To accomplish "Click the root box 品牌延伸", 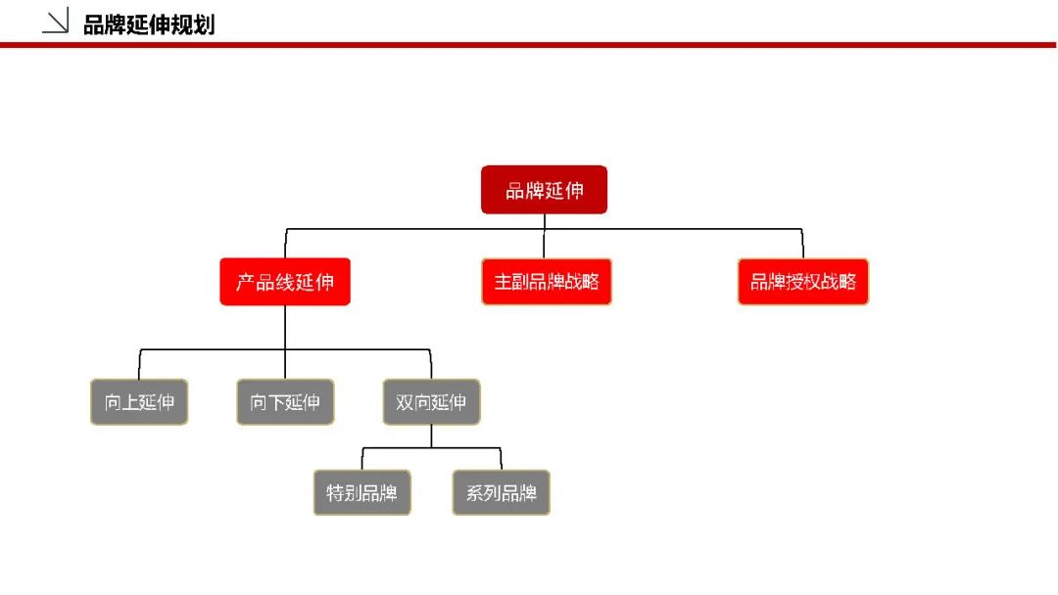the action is pos(544,190).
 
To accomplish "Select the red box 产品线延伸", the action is pos(285,282).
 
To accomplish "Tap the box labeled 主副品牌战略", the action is pos(547,282).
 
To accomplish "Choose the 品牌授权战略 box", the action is pos(803,282).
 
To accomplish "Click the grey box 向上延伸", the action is pos(139,402).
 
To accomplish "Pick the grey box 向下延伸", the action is pos(285,402).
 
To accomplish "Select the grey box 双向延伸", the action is pos(431,402).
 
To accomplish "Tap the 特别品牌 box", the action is pos(361,492).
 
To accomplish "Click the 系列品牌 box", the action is pos(501,492).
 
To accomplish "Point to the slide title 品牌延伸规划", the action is pos(149,24).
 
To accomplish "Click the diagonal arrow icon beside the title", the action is pos(55,21).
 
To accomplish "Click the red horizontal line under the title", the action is pos(528,45).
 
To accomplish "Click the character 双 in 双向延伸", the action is pos(405,402).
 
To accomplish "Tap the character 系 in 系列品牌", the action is pos(474,493).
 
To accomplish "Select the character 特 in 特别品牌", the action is pos(335,493).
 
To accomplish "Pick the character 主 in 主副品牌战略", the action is pos(504,282).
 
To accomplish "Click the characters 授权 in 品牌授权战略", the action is pos(803,282).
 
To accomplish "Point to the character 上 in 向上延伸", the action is pos(130,402).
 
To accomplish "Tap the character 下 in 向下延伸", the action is pos(276,402).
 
